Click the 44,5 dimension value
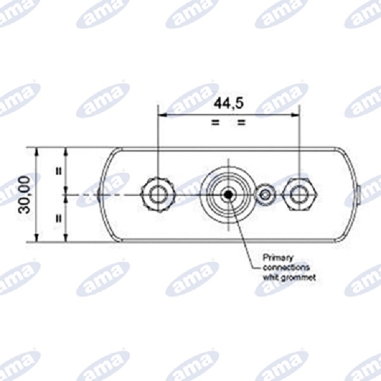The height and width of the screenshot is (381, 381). (x=229, y=104)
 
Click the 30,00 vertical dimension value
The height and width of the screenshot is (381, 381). (x=24, y=195)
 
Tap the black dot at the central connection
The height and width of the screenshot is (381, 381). (x=228, y=194)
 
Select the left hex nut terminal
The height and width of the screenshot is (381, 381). (x=158, y=195)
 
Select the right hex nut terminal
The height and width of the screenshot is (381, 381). (x=300, y=194)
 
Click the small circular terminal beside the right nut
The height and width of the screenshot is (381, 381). (x=266, y=195)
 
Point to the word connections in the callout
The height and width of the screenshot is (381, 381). (x=286, y=267)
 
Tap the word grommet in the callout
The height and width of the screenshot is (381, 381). (x=298, y=277)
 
